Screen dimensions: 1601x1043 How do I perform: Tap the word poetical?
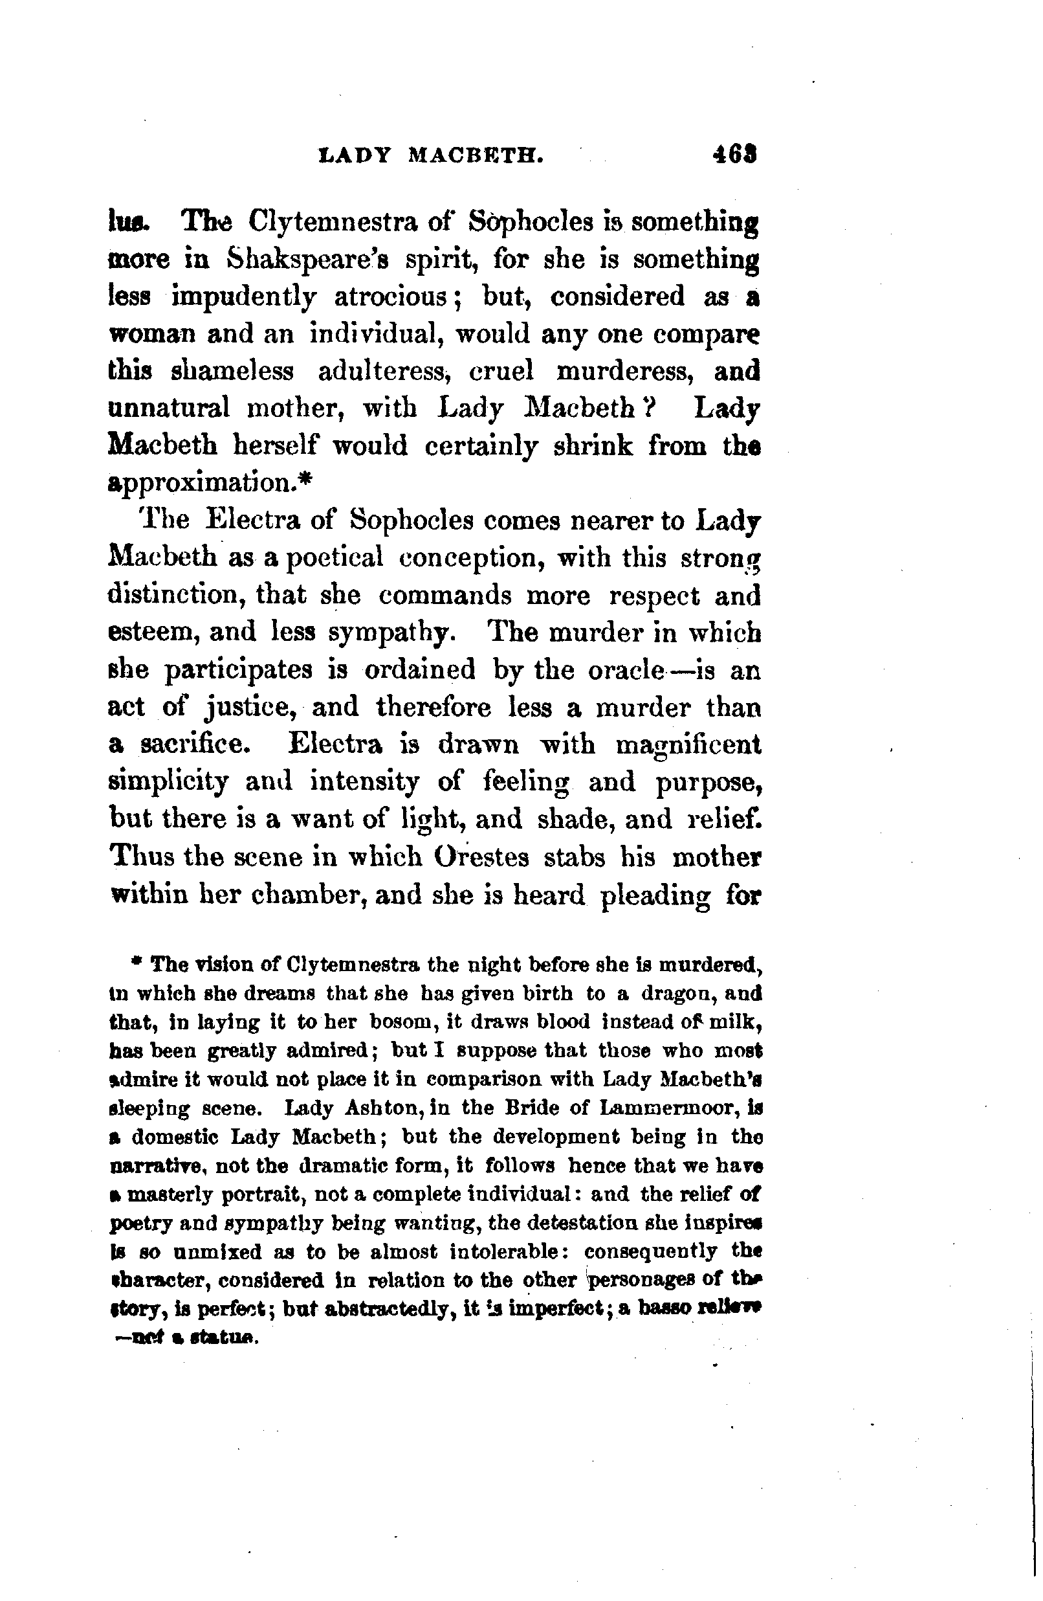pos(335,557)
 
